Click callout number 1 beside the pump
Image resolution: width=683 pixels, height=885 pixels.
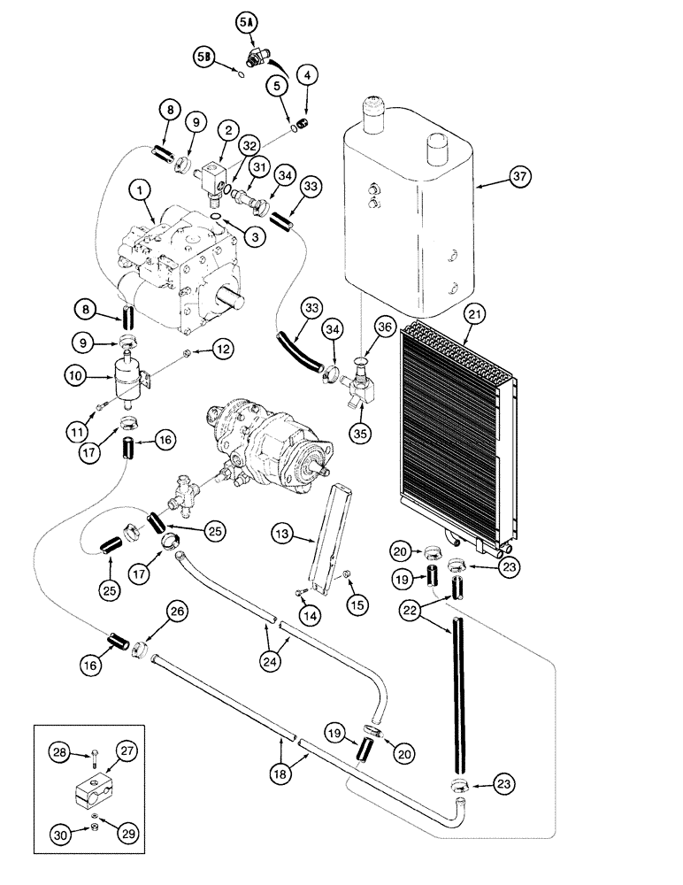pos(138,189)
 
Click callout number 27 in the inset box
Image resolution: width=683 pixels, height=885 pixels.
pos(126,750)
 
